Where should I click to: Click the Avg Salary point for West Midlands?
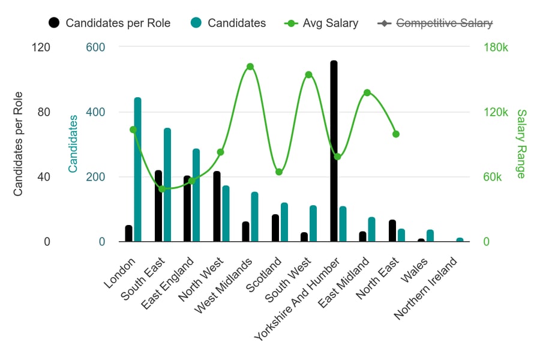[250, 67]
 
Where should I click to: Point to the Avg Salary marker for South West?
[308, 75]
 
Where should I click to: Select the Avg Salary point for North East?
[396, 134]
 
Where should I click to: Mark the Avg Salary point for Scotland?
[279, 172]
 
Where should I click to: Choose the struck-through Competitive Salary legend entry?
[444, 23]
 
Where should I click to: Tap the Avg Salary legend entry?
[330, 23]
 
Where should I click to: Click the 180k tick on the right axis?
[496, 47]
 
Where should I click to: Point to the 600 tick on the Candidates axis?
[95, 47]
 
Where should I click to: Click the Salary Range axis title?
[520, 144]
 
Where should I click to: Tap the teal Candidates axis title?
[73, 144]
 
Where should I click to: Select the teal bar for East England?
[196, 195]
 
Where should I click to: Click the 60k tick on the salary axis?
[497, 177]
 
